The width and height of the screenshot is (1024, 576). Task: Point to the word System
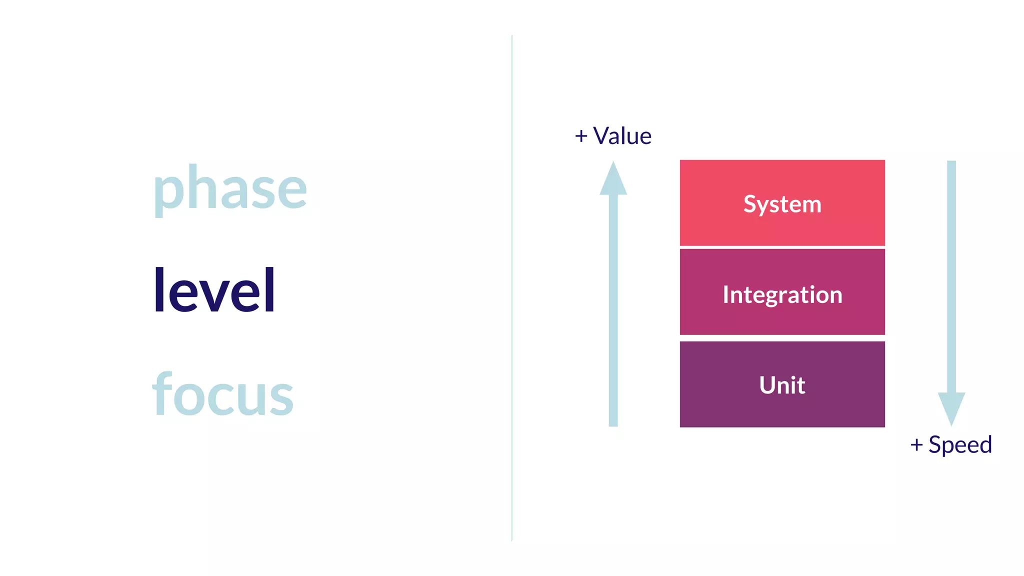[782, 204]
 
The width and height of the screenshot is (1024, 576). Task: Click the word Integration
[782, 294]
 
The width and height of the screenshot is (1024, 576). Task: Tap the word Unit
[782, 385]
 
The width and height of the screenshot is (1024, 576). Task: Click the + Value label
[613, 136]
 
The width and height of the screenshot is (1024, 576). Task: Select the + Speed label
[951, 444]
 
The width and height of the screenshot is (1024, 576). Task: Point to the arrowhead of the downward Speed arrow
[951, 407]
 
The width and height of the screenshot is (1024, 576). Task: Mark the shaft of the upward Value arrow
[613, 310]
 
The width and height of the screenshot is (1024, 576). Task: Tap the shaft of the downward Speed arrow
[951, 275]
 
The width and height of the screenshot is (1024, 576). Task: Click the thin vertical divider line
[512, 288]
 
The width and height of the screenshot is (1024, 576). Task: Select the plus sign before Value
[581, 136]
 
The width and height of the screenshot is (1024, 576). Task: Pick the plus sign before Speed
[916, 444]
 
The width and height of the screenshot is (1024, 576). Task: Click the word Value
[622, 136]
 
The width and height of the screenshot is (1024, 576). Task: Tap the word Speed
[960, 444]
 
